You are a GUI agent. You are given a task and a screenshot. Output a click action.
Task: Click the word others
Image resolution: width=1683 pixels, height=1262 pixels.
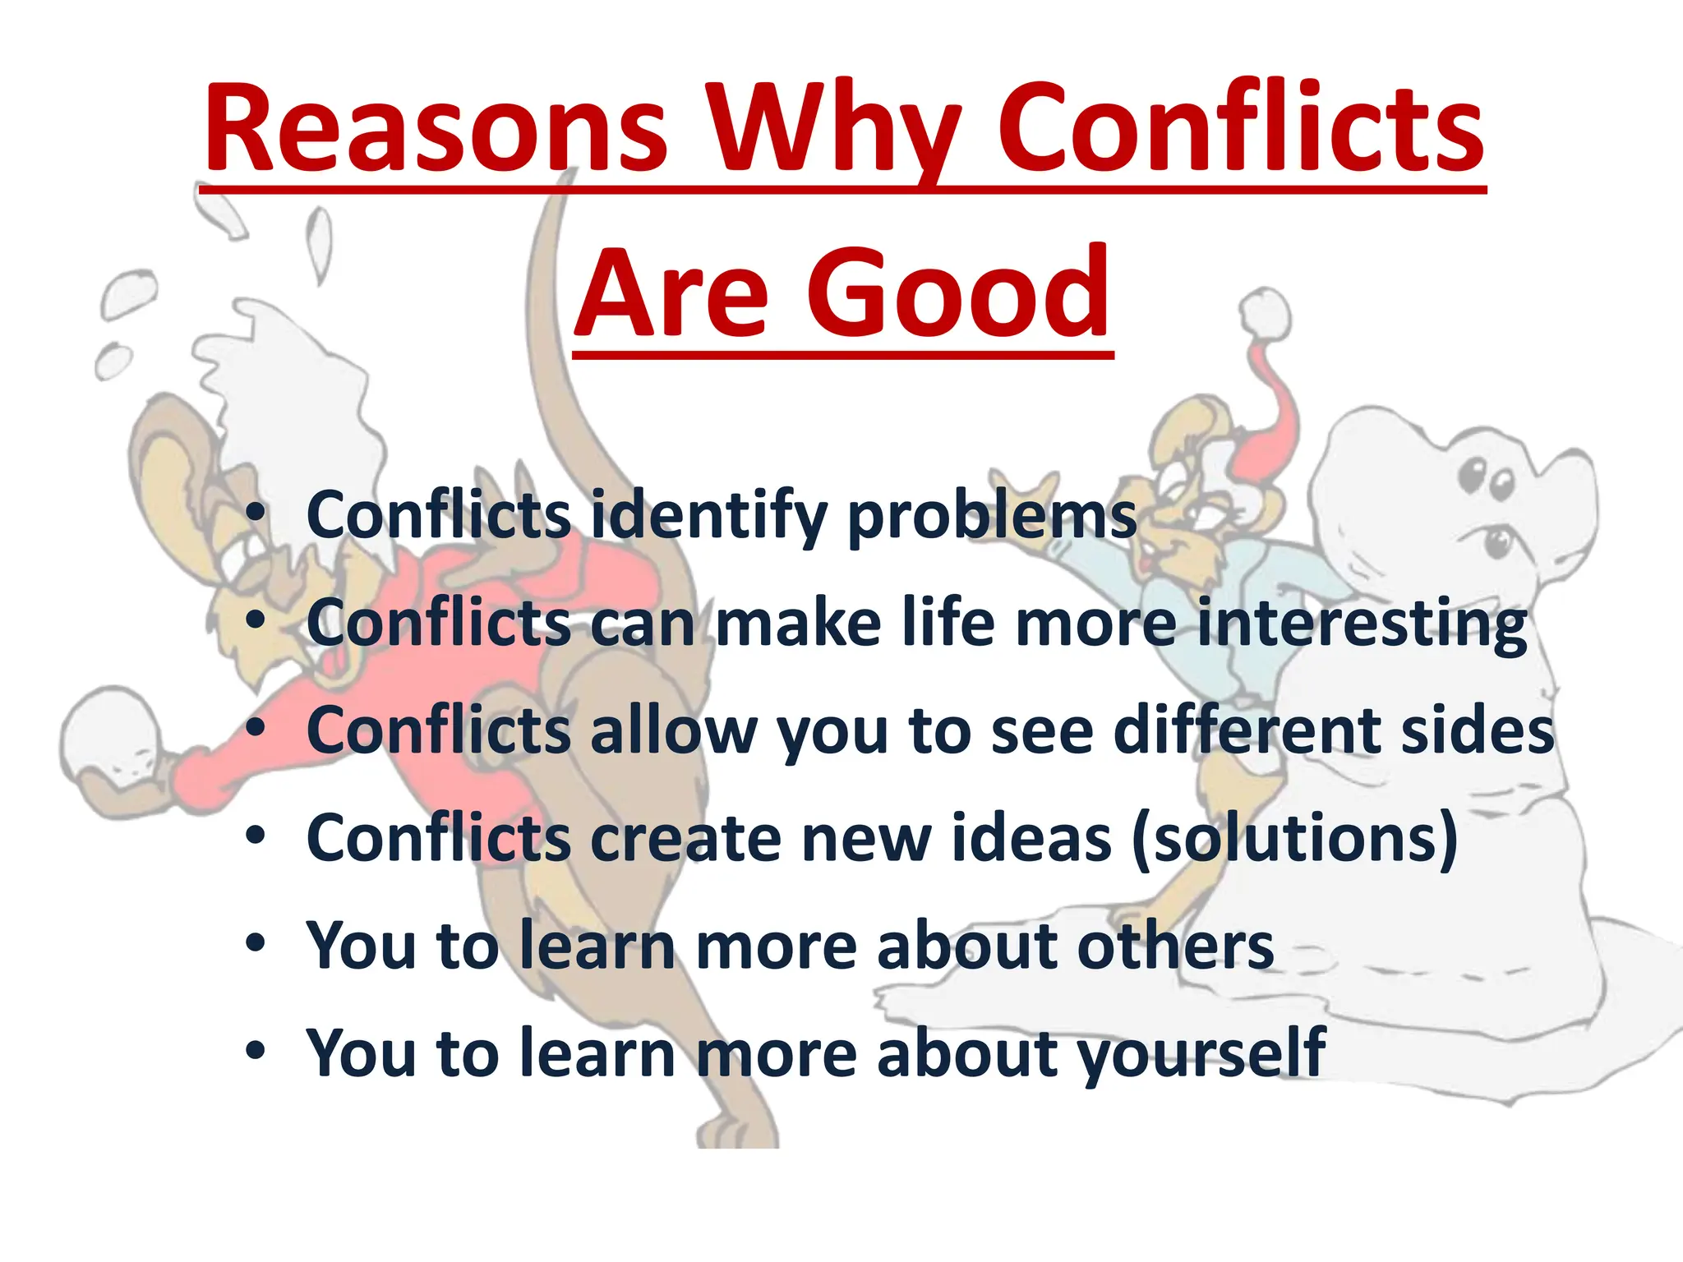[x=1175, y=946]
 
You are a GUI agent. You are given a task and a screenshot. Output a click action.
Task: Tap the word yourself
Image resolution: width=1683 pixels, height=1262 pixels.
[x=1201, y=1054]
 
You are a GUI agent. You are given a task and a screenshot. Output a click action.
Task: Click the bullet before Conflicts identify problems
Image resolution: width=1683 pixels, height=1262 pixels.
[x=256, y=514]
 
